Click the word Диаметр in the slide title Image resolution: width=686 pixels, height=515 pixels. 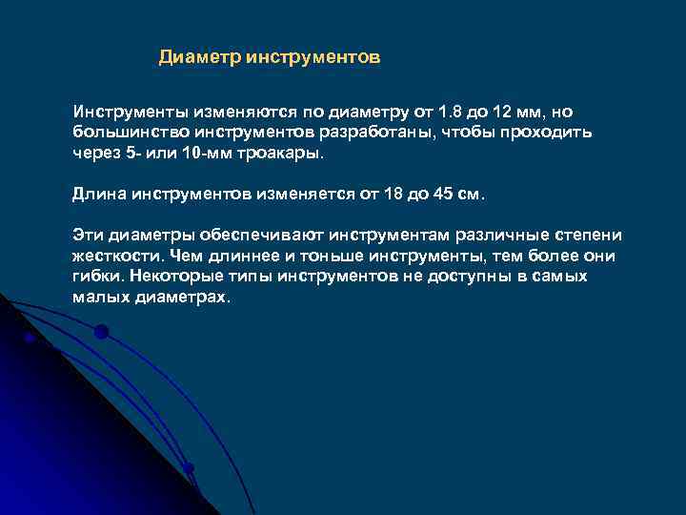point(200,58)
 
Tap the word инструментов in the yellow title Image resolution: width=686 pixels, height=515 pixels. point(313,58)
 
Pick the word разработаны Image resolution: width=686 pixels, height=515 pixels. point(381,132)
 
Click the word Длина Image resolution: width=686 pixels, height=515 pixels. point(97,195)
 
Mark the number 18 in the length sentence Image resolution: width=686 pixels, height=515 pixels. point(393,195)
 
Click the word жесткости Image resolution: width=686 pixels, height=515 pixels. point(115,257)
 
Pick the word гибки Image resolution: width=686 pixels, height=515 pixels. point(97,277)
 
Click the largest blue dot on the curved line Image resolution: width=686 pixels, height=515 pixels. point(101,332)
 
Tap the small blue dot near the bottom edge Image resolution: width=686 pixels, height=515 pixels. point(189,467)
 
